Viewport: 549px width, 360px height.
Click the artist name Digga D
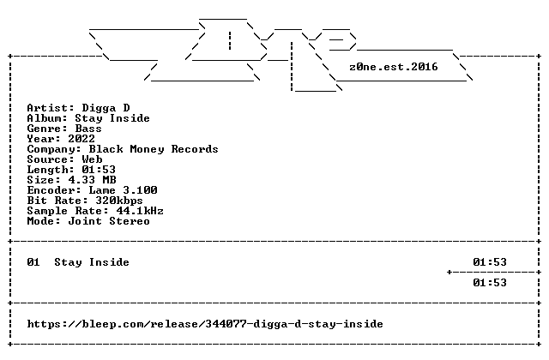106,108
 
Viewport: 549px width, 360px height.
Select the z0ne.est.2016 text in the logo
394,67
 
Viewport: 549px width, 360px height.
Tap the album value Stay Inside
112,118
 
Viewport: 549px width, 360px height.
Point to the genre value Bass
88,129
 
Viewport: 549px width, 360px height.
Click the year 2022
81,139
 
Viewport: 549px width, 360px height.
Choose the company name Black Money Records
154,149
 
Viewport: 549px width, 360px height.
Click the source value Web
92,159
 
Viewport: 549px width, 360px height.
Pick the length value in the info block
99,170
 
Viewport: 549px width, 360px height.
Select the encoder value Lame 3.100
123,190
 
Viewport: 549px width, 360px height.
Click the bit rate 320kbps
119,201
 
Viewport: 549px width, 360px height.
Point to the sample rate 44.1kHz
140,211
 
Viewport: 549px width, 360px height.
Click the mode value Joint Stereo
109,221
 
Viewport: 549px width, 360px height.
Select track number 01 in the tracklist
33,262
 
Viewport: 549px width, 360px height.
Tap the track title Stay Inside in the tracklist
92,262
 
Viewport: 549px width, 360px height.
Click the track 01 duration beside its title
490,262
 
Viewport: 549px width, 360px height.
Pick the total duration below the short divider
490,283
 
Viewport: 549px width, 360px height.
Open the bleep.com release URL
205,324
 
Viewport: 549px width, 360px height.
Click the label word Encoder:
54,190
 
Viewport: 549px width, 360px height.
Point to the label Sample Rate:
68,211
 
